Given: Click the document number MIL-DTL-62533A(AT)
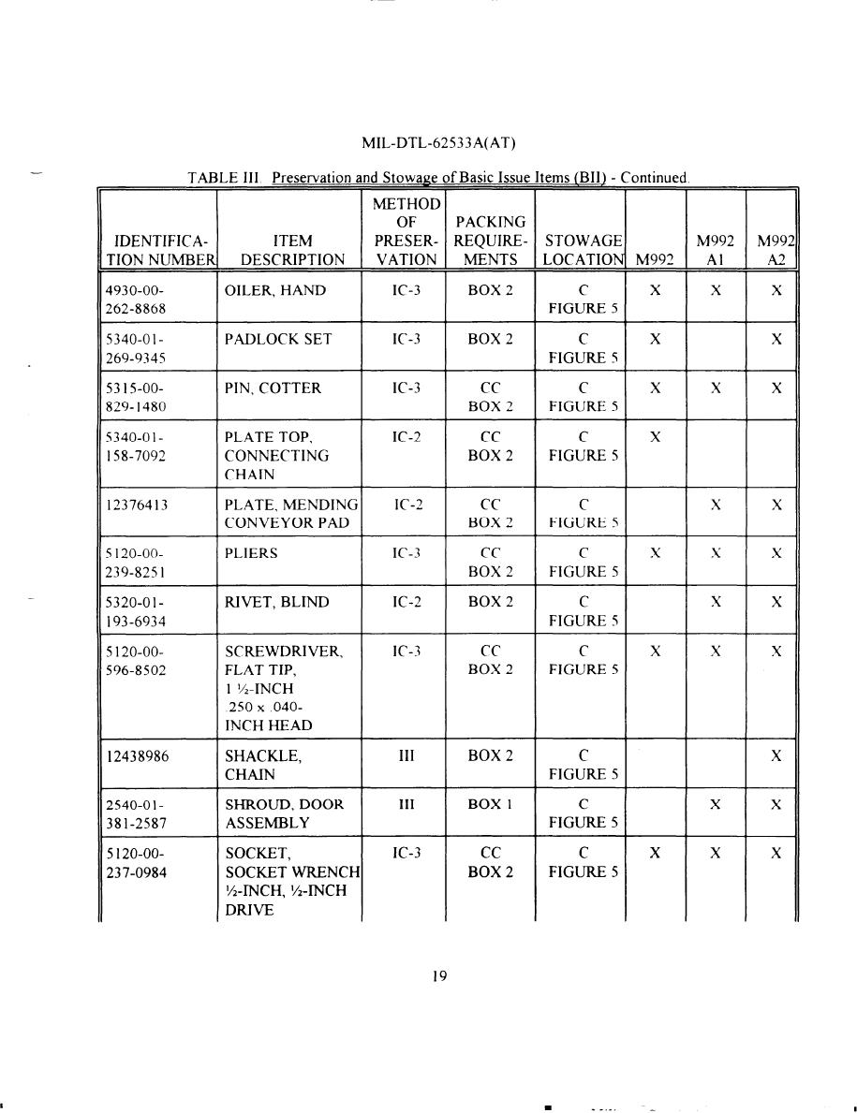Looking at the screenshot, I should tap(439, 143).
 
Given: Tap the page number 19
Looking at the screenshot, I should tap(439, 976).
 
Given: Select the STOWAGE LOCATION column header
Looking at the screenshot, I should tap(584, 250).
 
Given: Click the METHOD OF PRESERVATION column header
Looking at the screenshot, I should tap(406, 231).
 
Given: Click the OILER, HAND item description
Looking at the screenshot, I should tap(275, 290).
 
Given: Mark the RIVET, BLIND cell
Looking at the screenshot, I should tap(277, 602).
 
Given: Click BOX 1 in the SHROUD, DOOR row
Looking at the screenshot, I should tap(490, 804).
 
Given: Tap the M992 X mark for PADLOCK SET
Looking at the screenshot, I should tap(656, 339).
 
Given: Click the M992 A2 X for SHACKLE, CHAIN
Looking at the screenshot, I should tap(776, 756).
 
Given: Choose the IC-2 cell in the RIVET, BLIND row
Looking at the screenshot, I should tap(406, 602).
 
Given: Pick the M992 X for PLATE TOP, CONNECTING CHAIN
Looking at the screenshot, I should tap(656, 436).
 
